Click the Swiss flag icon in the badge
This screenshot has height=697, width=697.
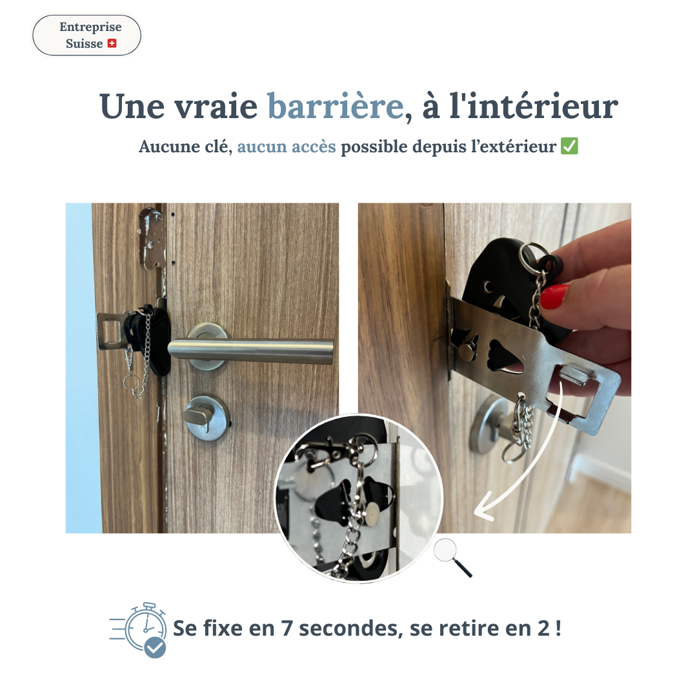click(x=112, y=44)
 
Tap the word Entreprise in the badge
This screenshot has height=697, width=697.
click(x=90, y=27)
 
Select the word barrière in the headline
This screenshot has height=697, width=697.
click(x=335, y=106)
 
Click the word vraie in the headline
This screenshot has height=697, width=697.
click(x=216, y=106)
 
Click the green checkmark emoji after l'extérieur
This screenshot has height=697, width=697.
click(x=569, y=146)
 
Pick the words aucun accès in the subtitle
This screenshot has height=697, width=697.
click(x=287, y=146)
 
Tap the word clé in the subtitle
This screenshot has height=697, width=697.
click(x=217, y=146)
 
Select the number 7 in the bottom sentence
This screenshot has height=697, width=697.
click(x=287, y=629)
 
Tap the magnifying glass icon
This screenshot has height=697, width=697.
click(x=452, y=558)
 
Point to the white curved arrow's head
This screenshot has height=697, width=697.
click(x=482, y=508)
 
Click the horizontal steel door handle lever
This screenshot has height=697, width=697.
click(x=250, y=350)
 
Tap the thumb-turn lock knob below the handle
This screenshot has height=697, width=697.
click(x=207, y=418)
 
